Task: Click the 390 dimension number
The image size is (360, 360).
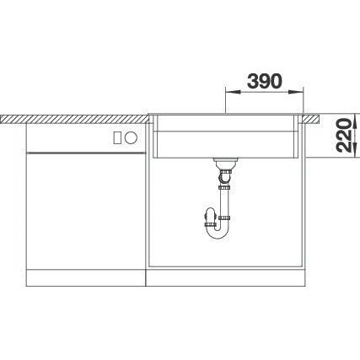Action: click(x=264, y=82)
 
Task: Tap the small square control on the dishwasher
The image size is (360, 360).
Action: click(x=118, y=138)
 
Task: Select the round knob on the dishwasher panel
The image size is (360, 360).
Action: click(x=131, y=138)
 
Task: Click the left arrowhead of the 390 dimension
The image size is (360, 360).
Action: click(x=234, y=92)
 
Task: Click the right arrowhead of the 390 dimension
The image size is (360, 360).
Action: click(x=296, y=92)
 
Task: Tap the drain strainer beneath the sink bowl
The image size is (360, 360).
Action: click(x=226, y=161)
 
